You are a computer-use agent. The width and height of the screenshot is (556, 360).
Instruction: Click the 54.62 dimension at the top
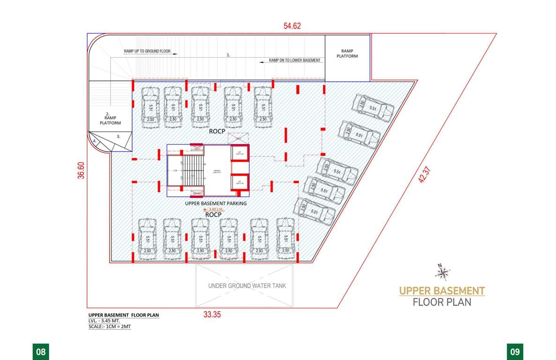tap(292, 26)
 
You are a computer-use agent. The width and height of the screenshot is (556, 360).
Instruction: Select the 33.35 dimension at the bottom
tap(212, 315)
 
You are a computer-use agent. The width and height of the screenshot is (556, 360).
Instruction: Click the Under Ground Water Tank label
tap(247, 285)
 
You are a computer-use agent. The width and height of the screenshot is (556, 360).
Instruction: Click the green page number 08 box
tap(40, 352)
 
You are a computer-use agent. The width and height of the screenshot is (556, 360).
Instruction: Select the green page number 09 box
tap(515, 352)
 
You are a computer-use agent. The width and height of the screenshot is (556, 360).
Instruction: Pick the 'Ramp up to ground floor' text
tap(147, 51)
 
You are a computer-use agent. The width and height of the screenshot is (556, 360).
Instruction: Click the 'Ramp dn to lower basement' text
tap(295, 60)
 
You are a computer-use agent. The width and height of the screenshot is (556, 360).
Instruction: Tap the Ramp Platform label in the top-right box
tap(347, 53)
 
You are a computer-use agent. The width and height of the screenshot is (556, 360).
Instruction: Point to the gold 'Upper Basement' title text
tap(442, 291)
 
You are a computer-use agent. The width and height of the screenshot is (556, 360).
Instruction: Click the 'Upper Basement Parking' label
tap(215, 203)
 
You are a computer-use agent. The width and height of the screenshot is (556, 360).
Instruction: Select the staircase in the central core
tap(192, 171)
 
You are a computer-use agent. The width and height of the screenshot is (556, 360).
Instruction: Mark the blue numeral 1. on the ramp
tap(229, 55)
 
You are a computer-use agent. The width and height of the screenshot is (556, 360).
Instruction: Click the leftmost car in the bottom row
tap(148, 238)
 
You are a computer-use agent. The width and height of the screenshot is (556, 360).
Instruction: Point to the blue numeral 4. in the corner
tap(95, 141)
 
